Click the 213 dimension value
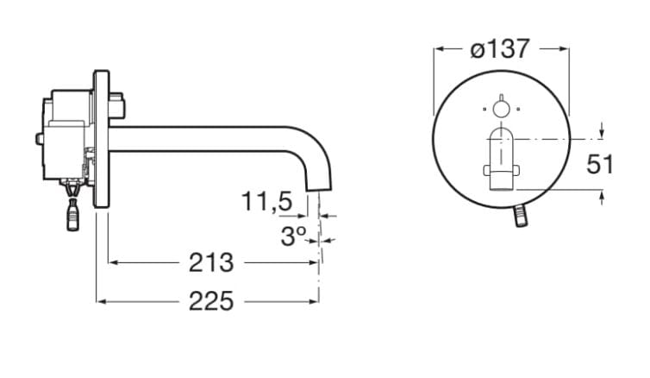coord(211,261)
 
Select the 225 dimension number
coord(211,300)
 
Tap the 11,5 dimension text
coord(267,203)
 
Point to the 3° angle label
coord(293,235)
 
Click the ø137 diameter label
coord(500,49)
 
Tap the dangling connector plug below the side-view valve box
coord(72,213)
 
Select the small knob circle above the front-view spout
coord(500,108)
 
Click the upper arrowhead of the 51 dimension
coord(600,133)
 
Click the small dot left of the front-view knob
coord(484,109)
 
